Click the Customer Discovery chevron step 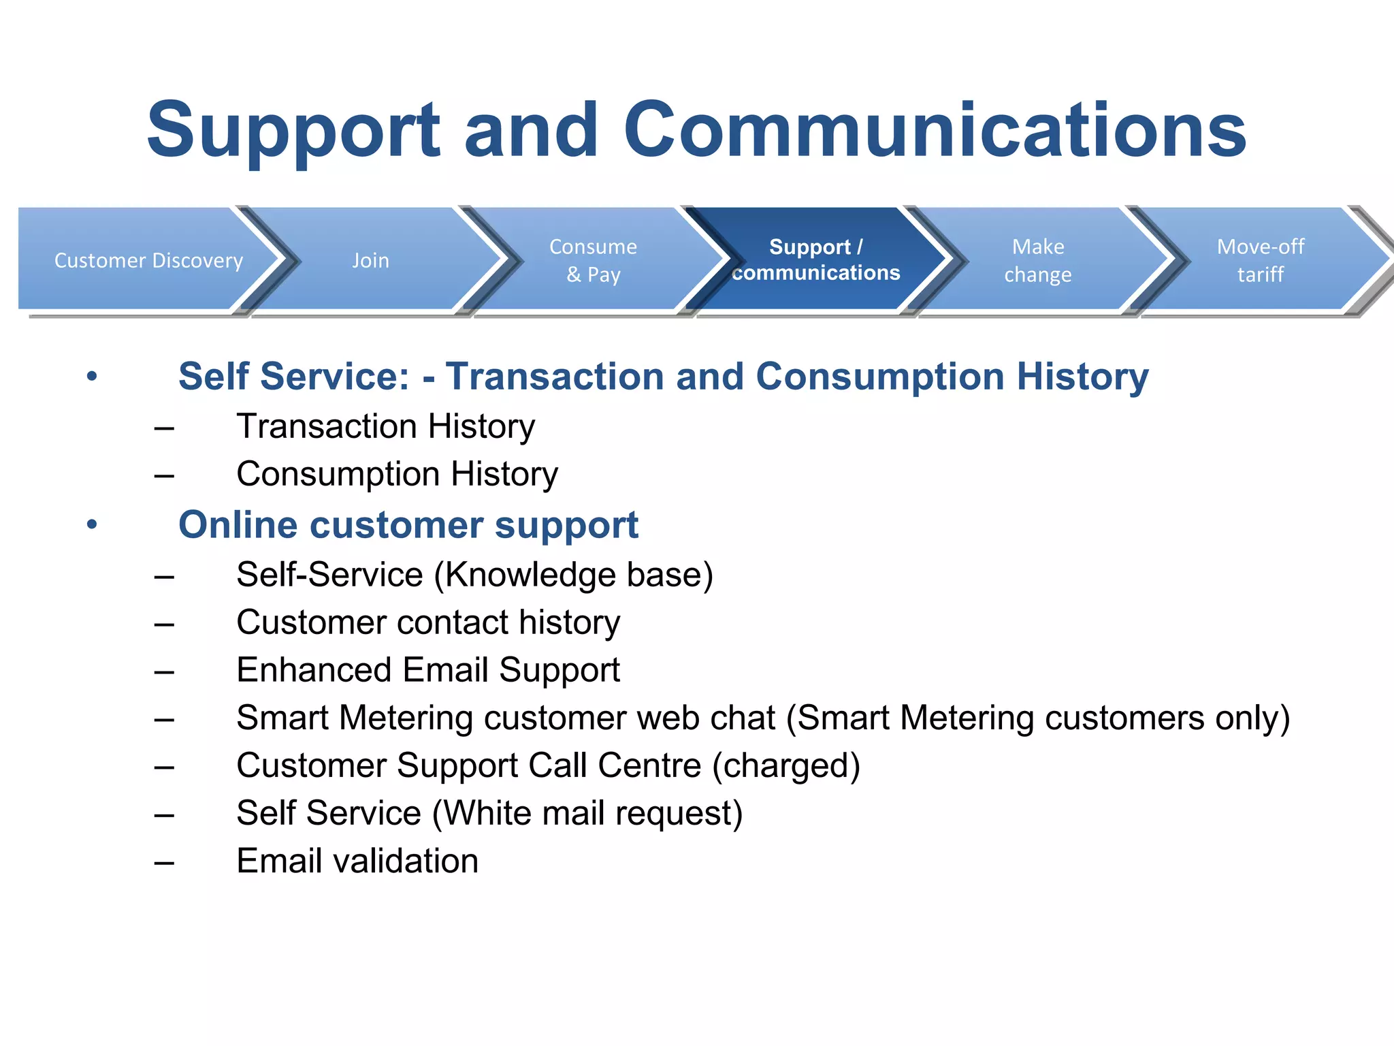pos(148,260)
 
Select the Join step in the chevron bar pos(371,260)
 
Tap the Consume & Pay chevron pos(593,260)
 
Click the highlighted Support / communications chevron pos(815,259)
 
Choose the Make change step pos(1038,260)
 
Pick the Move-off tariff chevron pos(1261,260)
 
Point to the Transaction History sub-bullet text pos(385,427)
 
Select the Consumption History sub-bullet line pos(397,475)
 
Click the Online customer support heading pos(408,525)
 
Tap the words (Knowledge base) pos(573,575)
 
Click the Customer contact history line pos(428,622)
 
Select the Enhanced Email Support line pos(428,670)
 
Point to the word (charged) pos(786,766)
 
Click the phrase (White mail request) pos(587,814)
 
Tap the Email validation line pos(357,861)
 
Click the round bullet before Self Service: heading pos(93,377)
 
